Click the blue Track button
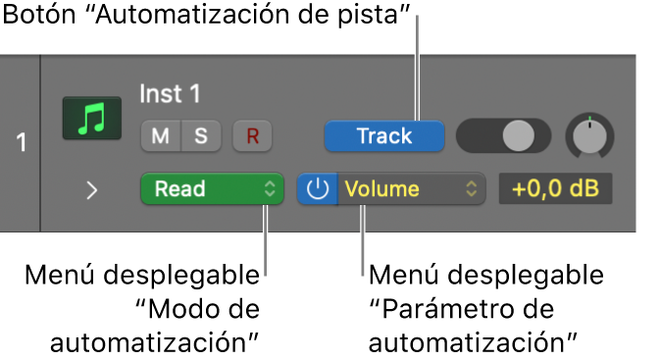pos(384,136)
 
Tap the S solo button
pos(200,136)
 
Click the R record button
pos(252,136)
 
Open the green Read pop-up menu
pos(212,189)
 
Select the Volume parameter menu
pos(412,189)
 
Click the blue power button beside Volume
pos(317,189)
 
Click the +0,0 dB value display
pos(555,189)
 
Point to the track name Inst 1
pos(170,94)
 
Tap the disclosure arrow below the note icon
pos(91,190)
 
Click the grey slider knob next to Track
pos(515,136)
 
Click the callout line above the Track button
pos(420,78)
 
